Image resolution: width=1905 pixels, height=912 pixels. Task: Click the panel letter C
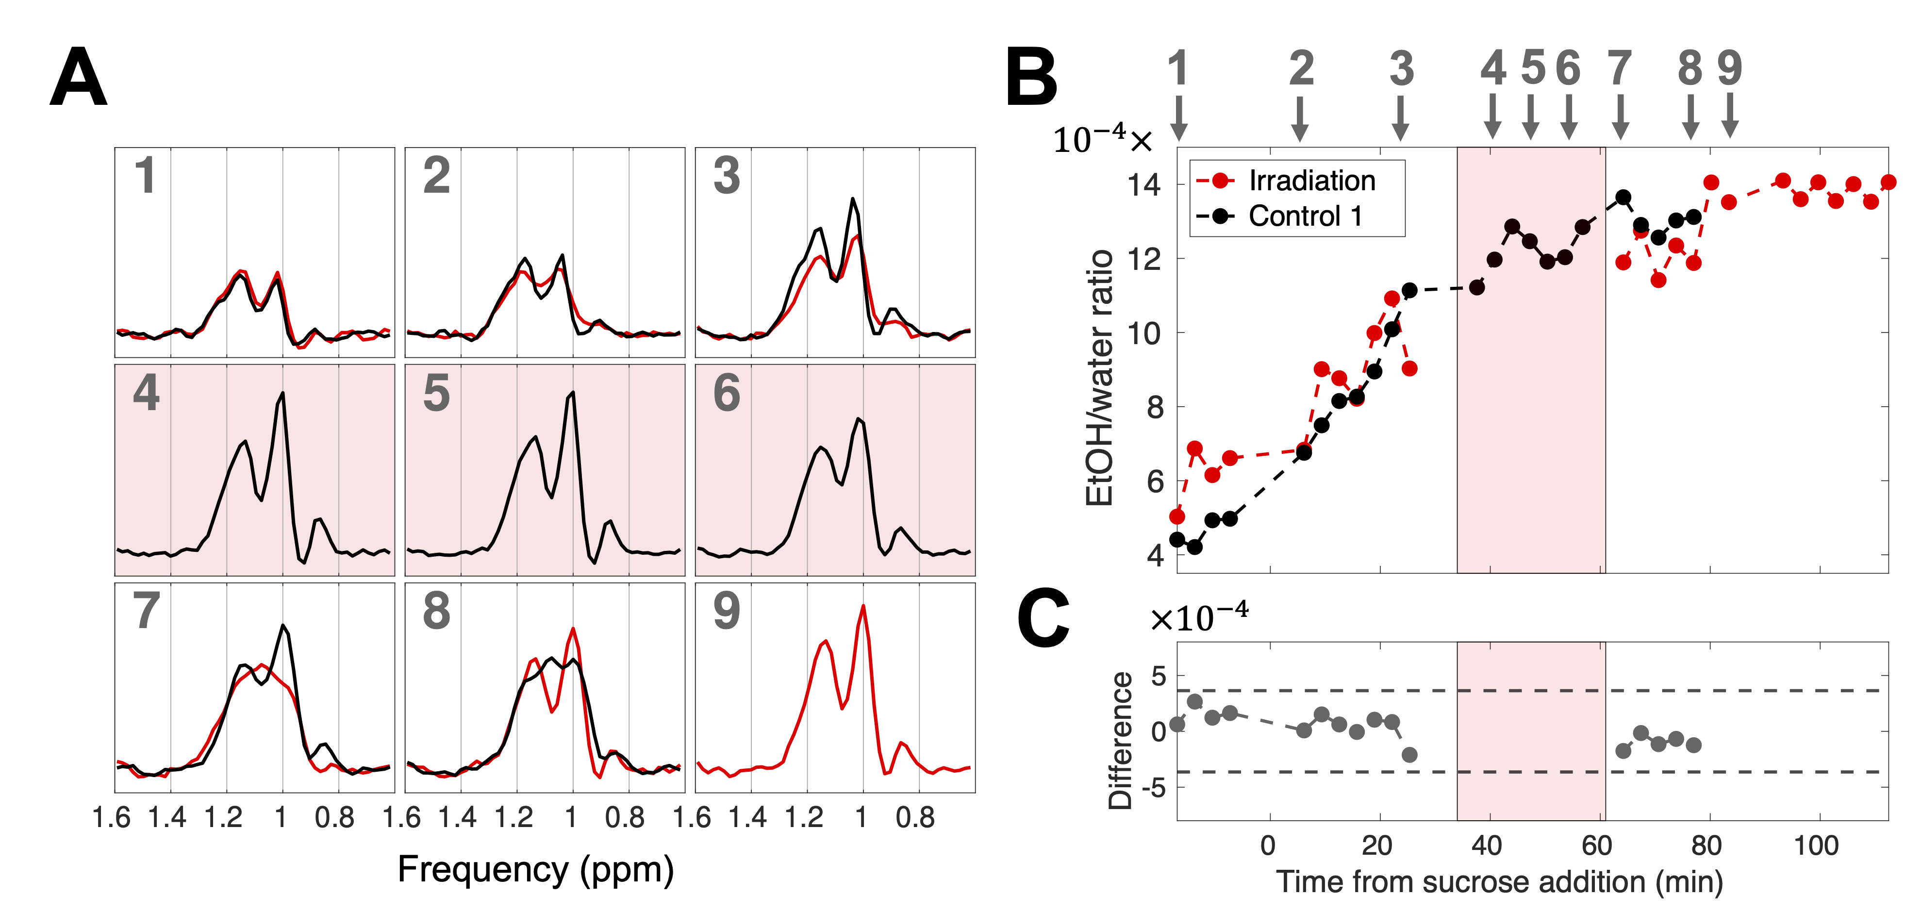[1043, 619]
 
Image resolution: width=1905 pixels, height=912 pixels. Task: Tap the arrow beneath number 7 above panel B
[1620, 117]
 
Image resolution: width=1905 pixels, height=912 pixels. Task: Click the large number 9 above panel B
[1729, 68]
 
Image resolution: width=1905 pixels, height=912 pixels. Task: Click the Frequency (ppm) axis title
[535, 869]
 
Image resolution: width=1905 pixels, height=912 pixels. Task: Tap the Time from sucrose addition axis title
[1499, 882]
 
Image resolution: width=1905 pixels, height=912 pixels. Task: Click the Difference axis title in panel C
[1120, 740]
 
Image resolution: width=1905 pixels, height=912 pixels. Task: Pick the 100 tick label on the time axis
[1816, 845]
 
